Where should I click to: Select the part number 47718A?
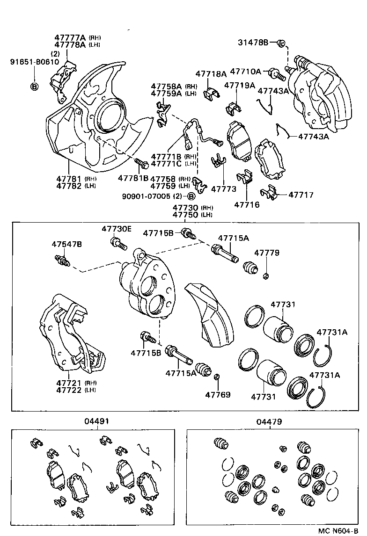pos(211,74)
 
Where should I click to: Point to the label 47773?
pos(223,189)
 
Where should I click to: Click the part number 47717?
pos(301,195)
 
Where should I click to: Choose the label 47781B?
pos(133,178)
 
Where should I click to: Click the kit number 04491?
pos(97,421)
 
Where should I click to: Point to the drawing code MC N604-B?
pos(341,530)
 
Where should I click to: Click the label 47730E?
pos(117,228)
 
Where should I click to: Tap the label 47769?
pos(218,395)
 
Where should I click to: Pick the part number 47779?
pos(267,253)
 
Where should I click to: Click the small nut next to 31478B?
pos(280,43)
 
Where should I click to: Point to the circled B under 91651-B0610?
pos(34,86)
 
